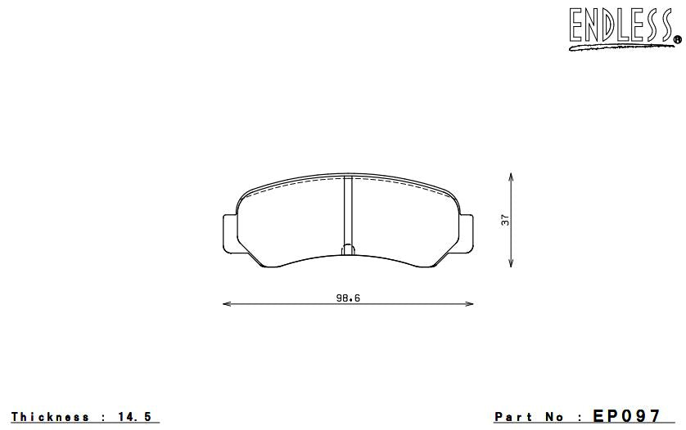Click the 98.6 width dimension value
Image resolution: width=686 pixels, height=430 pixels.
[x=348, y=298]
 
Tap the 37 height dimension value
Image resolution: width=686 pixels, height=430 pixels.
[x=505, y=219]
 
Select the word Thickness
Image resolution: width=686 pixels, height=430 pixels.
[x=51, y=417]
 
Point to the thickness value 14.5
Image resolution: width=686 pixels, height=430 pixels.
[x=136, y=417]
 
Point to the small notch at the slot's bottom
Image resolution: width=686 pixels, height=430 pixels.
[x=347, y=249]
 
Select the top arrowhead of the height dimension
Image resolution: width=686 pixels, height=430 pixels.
[x=512, y=176]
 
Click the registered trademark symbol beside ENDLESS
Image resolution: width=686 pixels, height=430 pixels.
[x=677, y=37]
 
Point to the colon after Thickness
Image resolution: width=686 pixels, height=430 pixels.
[x=104, y=418]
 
